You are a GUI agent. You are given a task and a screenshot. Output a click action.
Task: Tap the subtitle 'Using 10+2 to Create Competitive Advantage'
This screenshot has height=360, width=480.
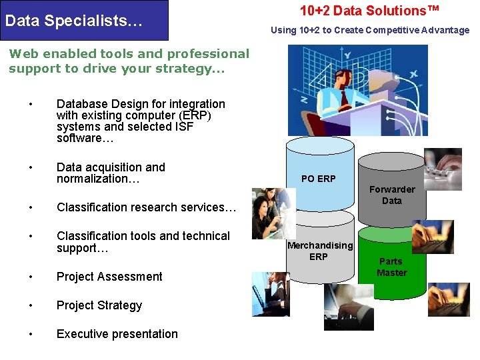coord(370,30)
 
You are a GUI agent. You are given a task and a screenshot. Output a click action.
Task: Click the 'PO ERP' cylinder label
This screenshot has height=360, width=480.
coord(319,179)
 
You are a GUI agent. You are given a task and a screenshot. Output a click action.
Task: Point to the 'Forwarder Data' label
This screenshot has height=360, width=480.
coord(392,195)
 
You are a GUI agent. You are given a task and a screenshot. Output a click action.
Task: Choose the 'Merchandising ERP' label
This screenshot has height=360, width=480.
coord(319,251)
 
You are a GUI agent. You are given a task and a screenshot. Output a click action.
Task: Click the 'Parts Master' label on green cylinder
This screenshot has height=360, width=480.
coord(392,267)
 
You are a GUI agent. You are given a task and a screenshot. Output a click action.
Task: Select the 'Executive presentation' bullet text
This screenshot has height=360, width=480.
coord(117,334)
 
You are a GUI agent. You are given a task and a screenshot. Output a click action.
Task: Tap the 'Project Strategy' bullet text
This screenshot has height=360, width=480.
coord(99,305)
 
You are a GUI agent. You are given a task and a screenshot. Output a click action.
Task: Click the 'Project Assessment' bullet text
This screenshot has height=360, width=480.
coord(109,277)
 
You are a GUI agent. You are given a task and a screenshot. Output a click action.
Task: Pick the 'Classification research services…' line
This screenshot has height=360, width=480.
coord(147,207)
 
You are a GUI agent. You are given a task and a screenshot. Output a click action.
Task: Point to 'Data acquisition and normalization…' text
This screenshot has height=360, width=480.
coord(111,173)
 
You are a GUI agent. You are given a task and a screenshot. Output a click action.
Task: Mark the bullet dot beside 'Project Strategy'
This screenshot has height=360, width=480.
coord(31,305)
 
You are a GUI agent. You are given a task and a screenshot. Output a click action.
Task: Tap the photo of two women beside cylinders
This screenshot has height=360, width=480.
coord(273,213)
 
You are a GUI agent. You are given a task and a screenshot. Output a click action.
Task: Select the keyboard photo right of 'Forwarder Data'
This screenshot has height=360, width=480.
coord(443,169)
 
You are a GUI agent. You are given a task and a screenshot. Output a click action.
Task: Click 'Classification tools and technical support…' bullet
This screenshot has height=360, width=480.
coord(143,242)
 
